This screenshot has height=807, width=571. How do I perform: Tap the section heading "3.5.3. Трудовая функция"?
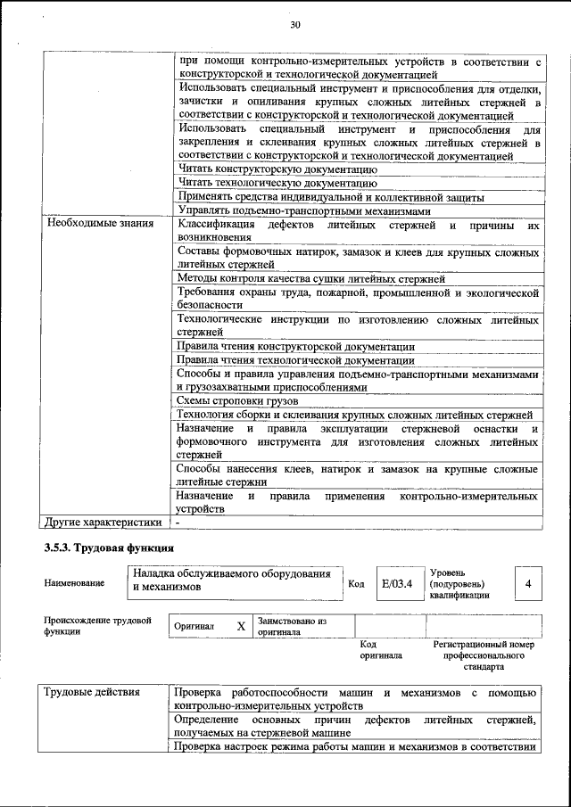pos(109,547)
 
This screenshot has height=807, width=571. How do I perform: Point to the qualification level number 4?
pos(528,584)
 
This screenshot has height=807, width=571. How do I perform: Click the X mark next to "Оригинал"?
pos(241,626)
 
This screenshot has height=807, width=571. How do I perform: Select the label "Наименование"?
pos(74,583)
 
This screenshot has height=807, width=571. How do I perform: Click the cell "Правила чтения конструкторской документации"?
pos(295,346)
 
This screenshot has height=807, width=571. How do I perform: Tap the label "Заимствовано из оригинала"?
pos(293,626)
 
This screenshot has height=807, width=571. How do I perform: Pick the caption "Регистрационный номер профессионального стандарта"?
pos(483,655)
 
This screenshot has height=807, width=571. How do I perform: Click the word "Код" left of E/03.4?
pos(356,584)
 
